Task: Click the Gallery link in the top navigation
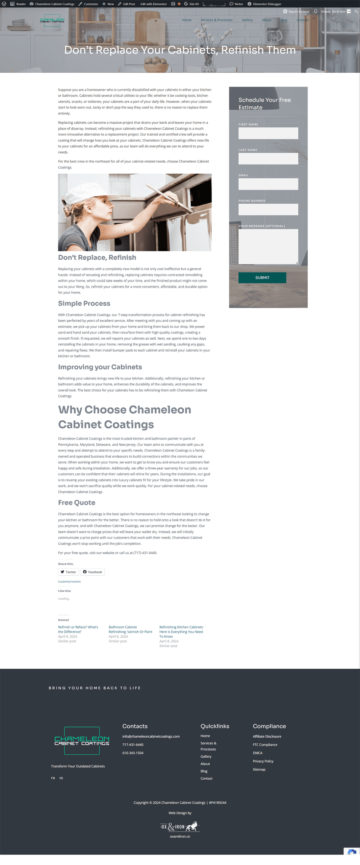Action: (x=247, y=20)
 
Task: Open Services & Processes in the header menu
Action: (x=216, y=20)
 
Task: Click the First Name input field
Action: (x=268, y=133)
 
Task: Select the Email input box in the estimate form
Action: (x=268, y=184)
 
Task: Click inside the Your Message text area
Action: (x=268, y=246)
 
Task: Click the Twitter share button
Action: (x=69, y=572)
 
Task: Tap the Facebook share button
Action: (x=93, y=572)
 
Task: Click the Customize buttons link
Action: (x=69, y=582)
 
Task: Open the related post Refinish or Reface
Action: (x=78, y=629)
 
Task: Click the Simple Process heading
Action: (x=84, y=303)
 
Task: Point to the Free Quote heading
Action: (x=77, y=502)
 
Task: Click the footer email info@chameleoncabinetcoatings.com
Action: (x=151, y=736)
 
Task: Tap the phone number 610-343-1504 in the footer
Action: (x=133, y=753)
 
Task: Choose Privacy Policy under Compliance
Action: (x=263, y=761)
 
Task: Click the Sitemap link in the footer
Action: (x=259, y=769)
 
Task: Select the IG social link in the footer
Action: (x=61, y=778)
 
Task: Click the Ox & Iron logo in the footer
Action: (x=180, y=826)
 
